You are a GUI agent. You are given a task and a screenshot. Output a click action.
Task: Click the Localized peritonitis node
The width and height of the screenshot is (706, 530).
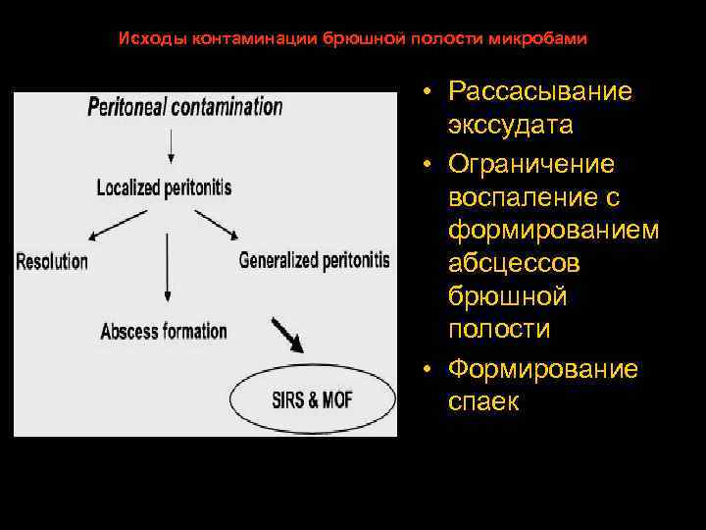(164, 186)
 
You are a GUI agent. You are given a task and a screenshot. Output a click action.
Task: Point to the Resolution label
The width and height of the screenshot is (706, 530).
(52, 261)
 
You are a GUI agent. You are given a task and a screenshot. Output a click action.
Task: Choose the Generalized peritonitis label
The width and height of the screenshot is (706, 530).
(314, 261)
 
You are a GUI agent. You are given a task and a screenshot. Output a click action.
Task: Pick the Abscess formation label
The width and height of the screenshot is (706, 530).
(164, 331)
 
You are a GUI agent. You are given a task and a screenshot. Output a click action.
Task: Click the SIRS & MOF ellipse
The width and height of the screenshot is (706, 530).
(313, 400)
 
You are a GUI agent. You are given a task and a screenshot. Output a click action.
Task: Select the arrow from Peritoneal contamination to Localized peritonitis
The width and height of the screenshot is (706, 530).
(171, 145)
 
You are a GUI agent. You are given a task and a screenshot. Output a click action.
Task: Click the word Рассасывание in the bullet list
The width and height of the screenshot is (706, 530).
(540, 91)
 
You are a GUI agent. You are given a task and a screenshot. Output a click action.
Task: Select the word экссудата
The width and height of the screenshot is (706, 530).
(511, 127)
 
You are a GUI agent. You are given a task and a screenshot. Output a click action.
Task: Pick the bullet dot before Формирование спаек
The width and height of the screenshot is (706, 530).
(430, 370)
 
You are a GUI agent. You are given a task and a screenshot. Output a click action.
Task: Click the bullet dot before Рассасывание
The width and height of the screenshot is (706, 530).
(430, 92)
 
